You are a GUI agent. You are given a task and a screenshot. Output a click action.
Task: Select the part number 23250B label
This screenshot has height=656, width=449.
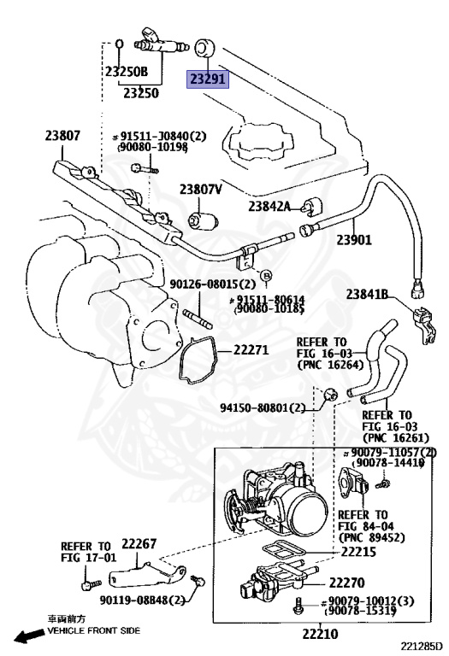[127, 73]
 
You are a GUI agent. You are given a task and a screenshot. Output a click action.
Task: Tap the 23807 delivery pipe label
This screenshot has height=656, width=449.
[63, 134]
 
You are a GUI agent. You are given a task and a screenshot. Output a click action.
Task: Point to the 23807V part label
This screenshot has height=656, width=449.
[201, 190]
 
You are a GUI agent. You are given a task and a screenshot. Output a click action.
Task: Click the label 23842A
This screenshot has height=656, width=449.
[270, 206]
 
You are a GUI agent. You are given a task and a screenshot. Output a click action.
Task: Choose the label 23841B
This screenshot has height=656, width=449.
[368, 295]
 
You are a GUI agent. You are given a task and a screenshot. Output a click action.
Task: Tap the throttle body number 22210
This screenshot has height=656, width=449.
[320, 634]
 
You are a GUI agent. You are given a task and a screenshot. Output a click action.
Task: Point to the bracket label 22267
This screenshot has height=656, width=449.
[139, 543]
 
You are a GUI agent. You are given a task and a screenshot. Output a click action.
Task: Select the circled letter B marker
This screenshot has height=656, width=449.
[267, 275]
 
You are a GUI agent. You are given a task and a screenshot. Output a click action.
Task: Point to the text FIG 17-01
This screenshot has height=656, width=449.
[86, 558]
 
